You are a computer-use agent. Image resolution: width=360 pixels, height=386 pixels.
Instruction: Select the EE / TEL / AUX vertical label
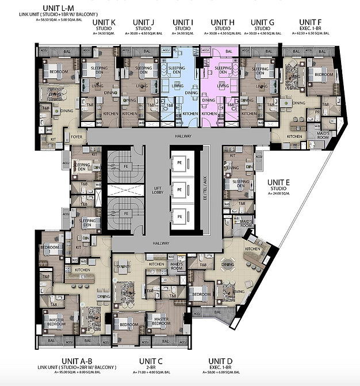(x=205, y=188)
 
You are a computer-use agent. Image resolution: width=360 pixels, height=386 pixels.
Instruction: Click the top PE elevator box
(x=180, y=163)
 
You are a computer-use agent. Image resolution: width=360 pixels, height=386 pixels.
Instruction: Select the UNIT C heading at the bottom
(x=151, y=361)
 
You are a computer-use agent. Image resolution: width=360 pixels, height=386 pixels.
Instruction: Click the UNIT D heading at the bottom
(x=223, y=361)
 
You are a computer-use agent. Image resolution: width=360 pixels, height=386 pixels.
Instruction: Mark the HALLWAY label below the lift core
(x=161, y=243)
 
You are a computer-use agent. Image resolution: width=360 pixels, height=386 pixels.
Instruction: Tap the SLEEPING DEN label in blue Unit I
(x=177, y=70)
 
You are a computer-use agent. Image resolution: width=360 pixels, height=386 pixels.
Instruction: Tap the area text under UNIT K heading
(x=104, y=34)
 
